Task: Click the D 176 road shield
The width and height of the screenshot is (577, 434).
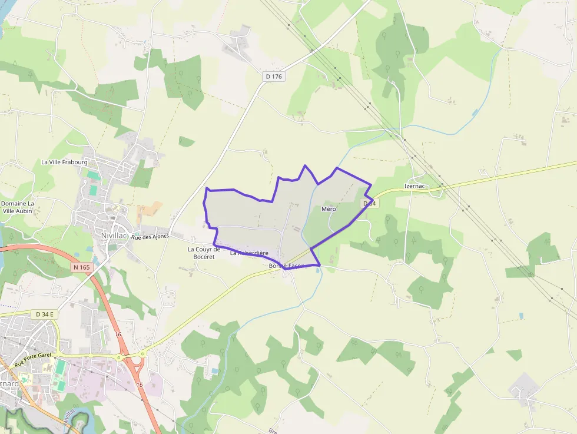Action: [274, 77]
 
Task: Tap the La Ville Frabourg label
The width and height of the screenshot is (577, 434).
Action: [64, 162]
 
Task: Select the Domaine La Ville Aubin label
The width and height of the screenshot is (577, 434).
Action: [18, 207]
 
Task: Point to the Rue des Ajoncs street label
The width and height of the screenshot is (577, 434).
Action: [150, 237]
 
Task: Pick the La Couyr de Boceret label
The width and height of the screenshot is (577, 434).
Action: [204, 253]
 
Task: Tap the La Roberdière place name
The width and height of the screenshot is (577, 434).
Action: [249, 253]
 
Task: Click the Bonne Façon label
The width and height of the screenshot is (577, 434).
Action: [287, 266]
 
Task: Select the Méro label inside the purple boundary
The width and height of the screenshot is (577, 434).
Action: [329, 209]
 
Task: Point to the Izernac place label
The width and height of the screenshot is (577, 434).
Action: [415, 186]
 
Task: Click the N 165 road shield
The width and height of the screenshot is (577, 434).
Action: [82, 267]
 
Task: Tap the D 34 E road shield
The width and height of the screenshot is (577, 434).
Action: [45, 314]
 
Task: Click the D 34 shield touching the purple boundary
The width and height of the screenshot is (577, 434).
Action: [369, 203]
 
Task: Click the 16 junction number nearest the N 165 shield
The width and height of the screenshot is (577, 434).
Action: [118, 334]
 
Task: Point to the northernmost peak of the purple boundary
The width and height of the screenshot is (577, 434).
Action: [304, 165]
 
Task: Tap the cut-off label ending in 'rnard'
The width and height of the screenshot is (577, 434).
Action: [9, 384]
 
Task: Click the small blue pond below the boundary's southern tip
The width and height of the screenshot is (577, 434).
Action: [319, 270]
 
